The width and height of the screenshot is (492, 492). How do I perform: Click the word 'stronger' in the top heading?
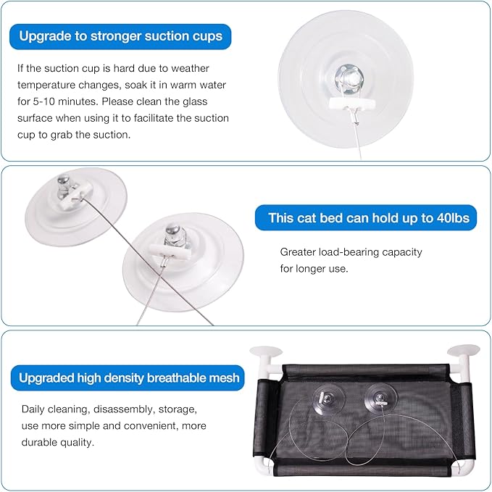(115, 36)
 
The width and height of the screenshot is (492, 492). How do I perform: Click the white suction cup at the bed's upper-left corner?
(266, 352)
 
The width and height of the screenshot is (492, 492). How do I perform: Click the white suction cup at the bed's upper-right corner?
(464, 351)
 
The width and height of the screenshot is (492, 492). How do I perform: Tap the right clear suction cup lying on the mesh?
(380, 399)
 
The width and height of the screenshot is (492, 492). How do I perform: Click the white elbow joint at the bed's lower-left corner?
(262, 466)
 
